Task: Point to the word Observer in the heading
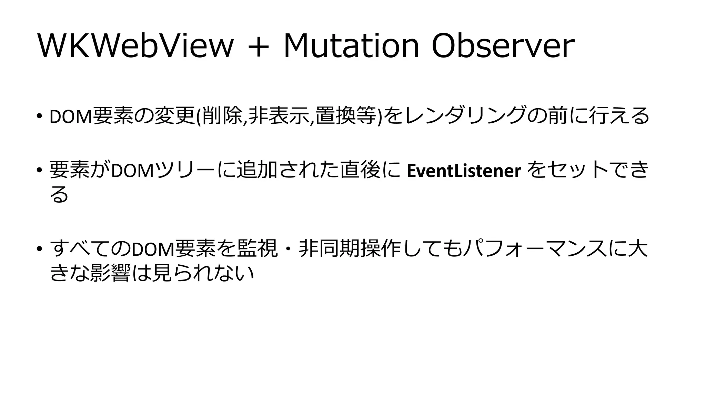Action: (x=503, y=47)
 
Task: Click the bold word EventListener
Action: (x=464, y=171)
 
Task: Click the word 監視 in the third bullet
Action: (x=257, y=249)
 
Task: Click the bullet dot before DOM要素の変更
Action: (x=40, y=116)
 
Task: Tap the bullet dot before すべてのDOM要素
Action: (x=40, y=249)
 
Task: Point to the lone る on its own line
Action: (x=59, y=195)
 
